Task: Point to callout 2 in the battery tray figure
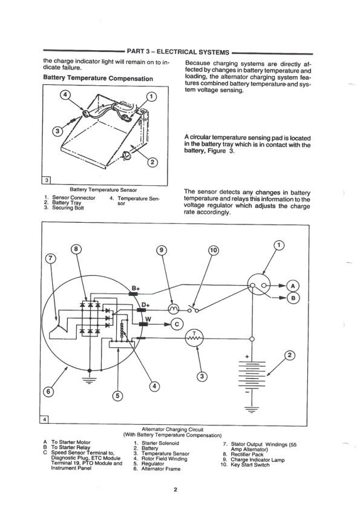pos(152,161)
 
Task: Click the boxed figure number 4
pos(46,419)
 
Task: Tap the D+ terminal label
pos(145,304)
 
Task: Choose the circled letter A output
pos(293,285)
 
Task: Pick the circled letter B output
pos(293,298)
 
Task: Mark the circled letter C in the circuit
pos(177,324)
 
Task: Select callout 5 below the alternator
pos(117,395)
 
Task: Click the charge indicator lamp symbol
pos(165,309)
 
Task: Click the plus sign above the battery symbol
pos(247,356)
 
